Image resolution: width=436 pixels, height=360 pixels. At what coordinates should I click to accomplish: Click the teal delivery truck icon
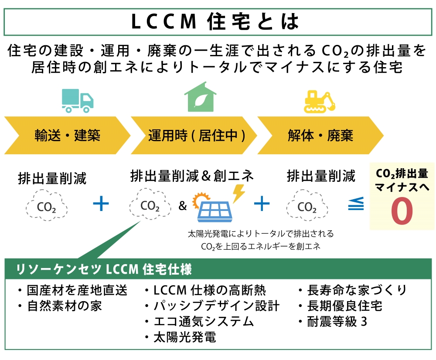pos(78,101)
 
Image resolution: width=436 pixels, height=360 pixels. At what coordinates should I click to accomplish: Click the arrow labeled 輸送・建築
pos(65,135)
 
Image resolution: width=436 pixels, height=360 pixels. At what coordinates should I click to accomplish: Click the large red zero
pos(402,211)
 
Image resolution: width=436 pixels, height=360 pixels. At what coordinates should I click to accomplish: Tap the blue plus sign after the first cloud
pos(101,204)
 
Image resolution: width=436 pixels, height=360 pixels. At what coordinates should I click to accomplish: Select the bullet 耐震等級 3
pos(336,322)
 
